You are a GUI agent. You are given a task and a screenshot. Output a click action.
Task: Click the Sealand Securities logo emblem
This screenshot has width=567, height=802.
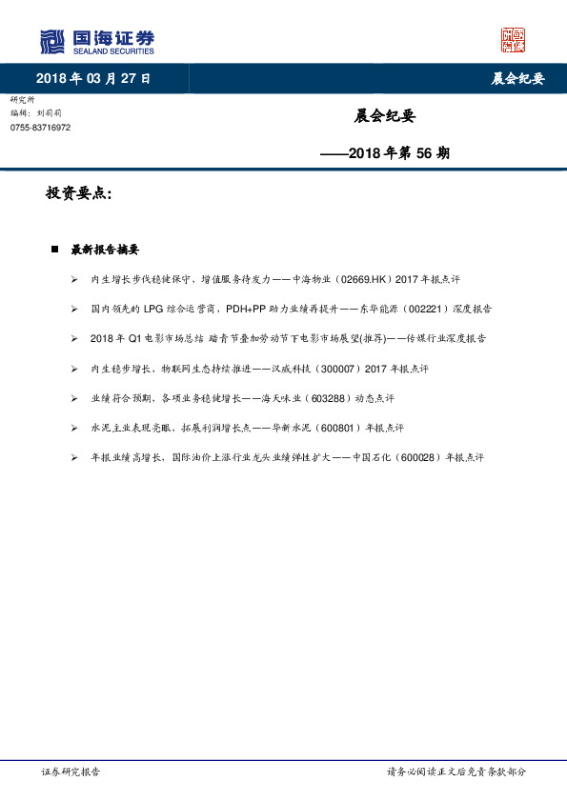[51, 42]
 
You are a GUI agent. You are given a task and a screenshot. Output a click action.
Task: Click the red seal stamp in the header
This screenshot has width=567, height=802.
[513, 40]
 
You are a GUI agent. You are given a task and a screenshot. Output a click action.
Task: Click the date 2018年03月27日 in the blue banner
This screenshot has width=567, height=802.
[92, 78]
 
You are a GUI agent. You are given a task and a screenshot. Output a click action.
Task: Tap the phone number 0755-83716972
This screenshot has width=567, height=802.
[40, 128]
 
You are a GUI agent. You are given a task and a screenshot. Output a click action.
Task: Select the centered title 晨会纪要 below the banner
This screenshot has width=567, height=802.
[385, 117]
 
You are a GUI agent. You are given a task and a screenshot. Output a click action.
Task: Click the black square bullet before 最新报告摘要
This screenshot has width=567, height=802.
[54, 250]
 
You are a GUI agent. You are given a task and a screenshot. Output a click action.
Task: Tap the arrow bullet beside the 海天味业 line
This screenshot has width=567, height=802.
[74, 397]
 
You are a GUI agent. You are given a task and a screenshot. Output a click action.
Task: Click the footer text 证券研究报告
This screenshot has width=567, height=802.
[71, 772]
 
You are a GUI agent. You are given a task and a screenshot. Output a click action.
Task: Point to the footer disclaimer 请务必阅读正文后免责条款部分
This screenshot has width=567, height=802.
[456, 772]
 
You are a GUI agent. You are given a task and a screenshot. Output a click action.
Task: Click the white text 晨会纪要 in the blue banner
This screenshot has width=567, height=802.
[517, 78]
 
